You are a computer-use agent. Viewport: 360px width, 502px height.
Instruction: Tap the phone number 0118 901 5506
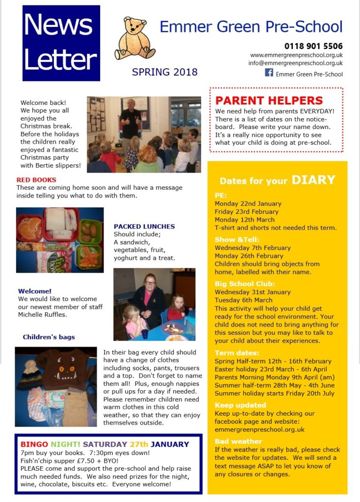(313, 46)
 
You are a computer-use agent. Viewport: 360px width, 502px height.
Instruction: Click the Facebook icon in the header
(269, 73)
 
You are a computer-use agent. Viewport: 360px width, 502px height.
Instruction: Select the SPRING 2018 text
(165, 72)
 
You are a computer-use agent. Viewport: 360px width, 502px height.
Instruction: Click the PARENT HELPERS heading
(269, 101)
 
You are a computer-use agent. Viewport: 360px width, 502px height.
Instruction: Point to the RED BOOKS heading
(36, 180)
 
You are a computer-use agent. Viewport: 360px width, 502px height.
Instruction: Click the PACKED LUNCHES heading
(144, 226)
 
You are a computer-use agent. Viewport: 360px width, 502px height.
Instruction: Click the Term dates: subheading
(237, 352)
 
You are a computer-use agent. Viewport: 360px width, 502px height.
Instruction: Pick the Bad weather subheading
(238, 441)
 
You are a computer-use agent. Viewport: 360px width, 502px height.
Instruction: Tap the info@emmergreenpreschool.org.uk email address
(295, 63)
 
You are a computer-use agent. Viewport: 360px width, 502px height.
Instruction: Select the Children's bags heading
(49, 337)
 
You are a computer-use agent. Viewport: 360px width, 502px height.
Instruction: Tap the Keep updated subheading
(240, 405)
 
